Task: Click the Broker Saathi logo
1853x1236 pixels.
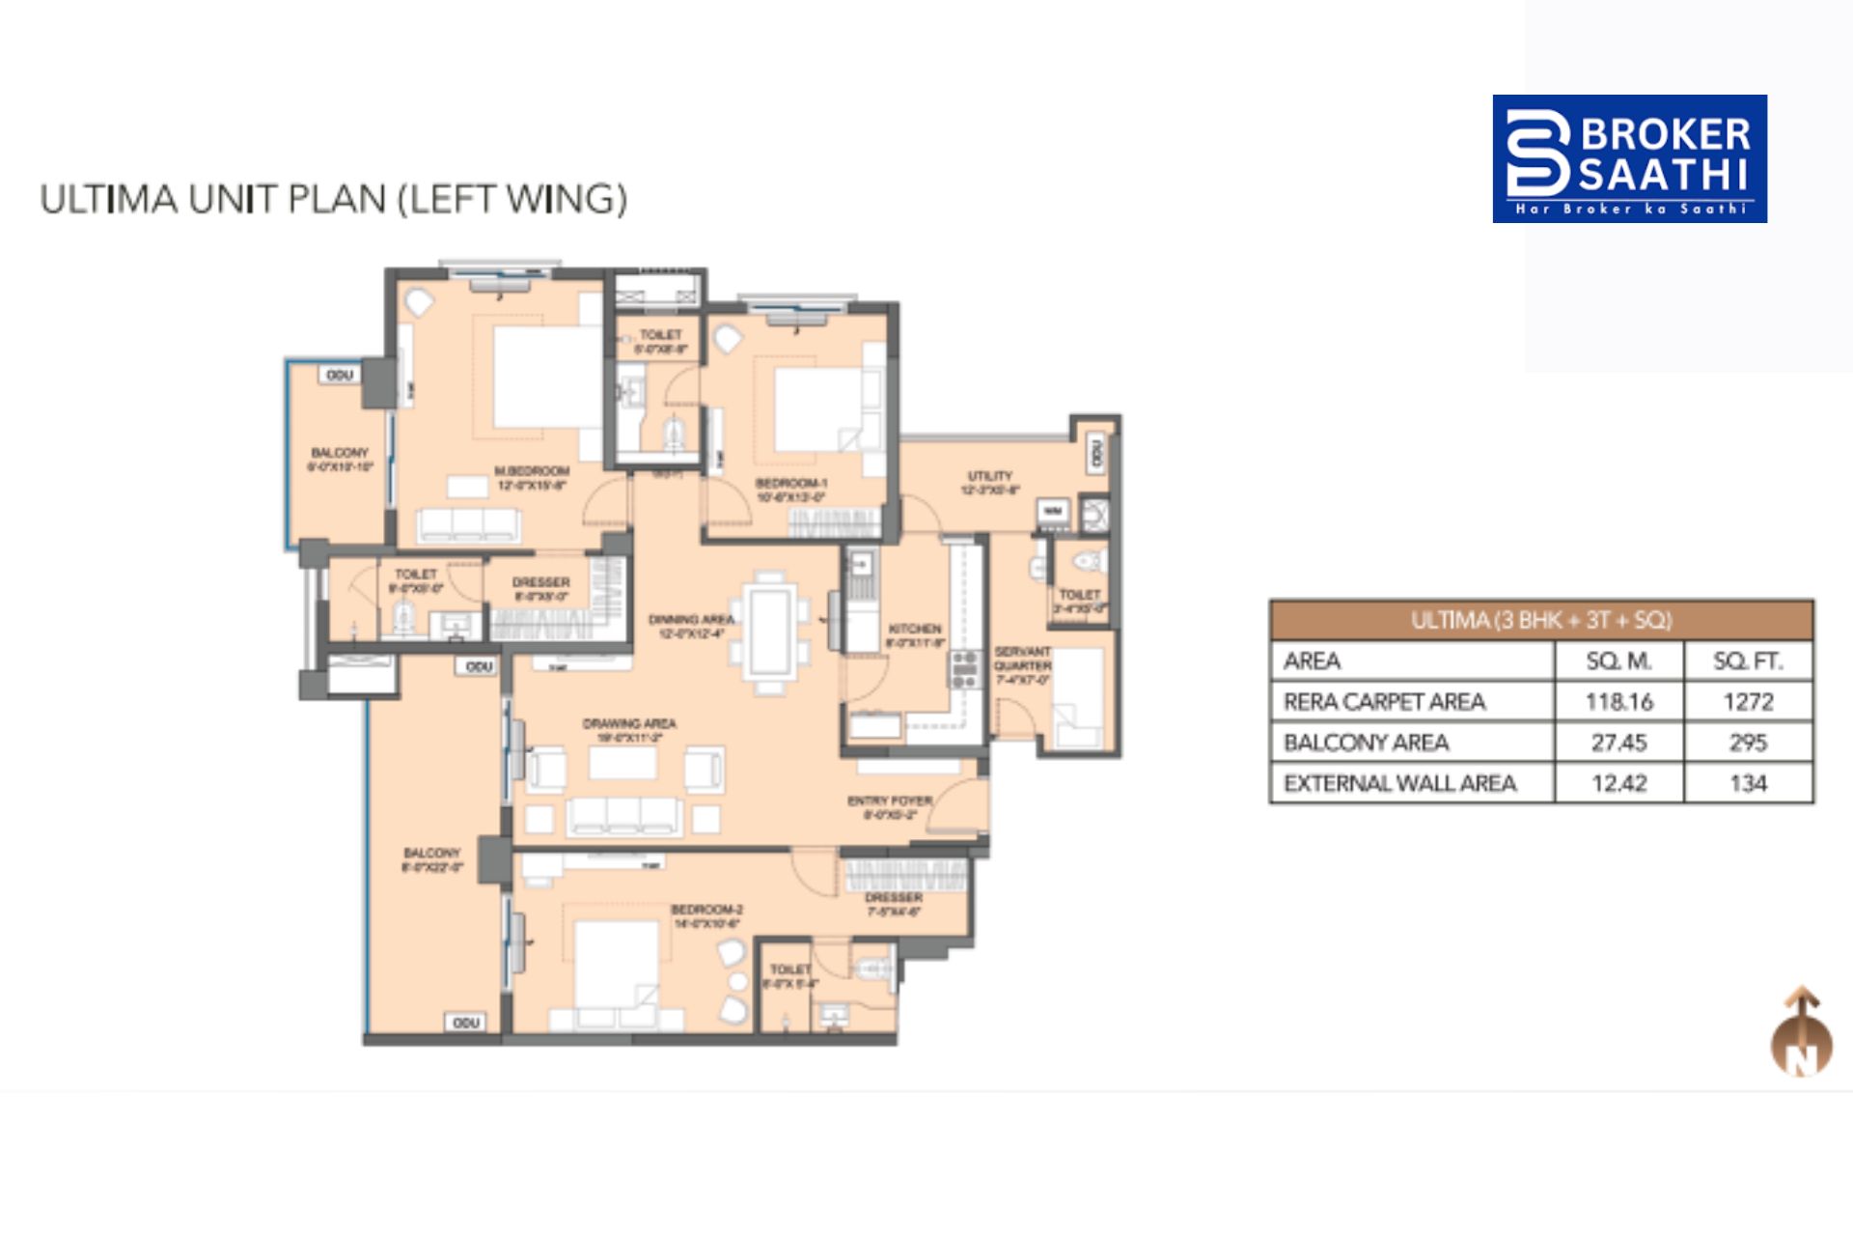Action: [1629, 158]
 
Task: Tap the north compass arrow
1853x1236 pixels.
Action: [1801, 1031]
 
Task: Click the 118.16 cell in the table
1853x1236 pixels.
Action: [1618, 702]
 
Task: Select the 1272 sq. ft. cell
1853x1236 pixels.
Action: [1748, 702]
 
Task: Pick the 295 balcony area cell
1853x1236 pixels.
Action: [1748, 743]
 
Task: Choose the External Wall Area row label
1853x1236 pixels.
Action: [1399, 783]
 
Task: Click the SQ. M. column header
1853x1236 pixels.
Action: [1618, 661]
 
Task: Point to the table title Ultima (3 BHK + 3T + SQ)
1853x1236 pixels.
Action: [1540, 620]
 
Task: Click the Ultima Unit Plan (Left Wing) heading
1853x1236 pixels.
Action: [333, 199]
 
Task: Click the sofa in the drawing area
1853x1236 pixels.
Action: [623, 815]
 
